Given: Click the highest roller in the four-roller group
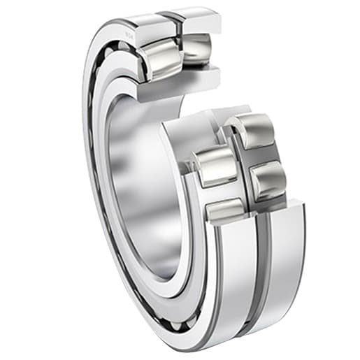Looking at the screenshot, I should pos(253,131).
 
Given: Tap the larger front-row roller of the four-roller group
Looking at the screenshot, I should pos(218,166).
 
